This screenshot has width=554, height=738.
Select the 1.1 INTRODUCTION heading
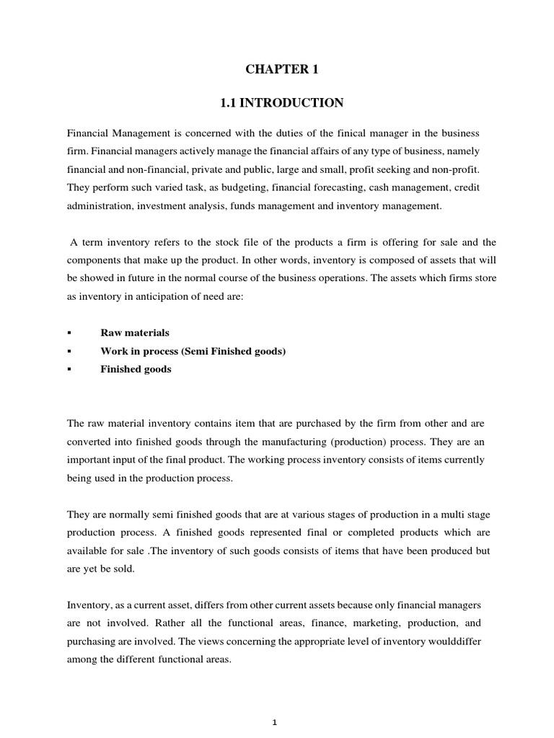coord(282,104)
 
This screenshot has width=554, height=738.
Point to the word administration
coord(100,206)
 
